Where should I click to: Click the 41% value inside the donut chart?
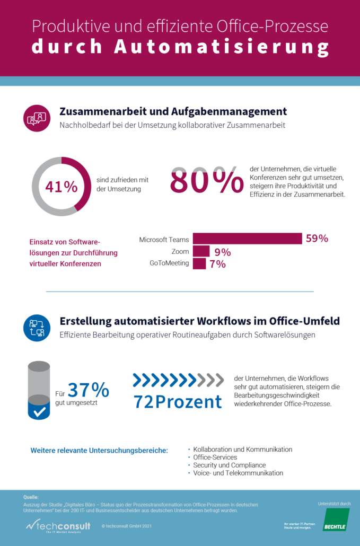[61, 187]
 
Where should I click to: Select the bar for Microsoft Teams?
[247, 239]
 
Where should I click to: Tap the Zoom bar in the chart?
[201, 251]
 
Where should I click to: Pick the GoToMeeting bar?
[199, 263]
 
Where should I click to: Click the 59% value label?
[317, 239]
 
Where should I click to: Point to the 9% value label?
[223, 252]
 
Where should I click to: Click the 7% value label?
[217, 264]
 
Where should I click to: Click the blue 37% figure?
[88, 390]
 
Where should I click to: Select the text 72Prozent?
[178, 402]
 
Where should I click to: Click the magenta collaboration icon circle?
[37, 118]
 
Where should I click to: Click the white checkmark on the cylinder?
[39, 411]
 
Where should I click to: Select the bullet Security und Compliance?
[230, 465]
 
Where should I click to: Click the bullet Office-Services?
[215, 457]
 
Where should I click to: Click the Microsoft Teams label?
[164, 240]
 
